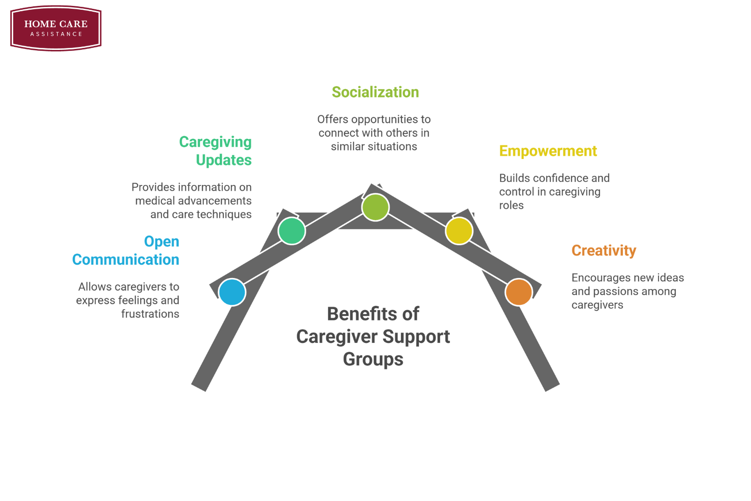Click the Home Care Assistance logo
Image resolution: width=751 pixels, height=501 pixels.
56,28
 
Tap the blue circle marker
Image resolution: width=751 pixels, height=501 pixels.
232,292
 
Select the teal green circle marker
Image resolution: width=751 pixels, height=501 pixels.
291,231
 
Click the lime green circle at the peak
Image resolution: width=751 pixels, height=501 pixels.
375,207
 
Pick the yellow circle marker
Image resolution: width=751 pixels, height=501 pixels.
459,231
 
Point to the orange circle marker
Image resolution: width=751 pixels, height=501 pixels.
519,292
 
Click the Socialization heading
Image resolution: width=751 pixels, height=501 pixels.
375,92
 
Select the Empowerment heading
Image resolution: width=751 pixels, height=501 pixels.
548,151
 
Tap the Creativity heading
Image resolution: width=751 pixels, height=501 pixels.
603,250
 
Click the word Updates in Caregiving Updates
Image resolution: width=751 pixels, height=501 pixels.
223,160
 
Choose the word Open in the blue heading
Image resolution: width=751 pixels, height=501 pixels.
161,242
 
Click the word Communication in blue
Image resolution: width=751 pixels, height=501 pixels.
126,260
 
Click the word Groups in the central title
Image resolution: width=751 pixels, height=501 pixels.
373,359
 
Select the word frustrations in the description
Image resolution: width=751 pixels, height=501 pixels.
150,314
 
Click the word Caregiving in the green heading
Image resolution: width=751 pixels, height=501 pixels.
215,142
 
